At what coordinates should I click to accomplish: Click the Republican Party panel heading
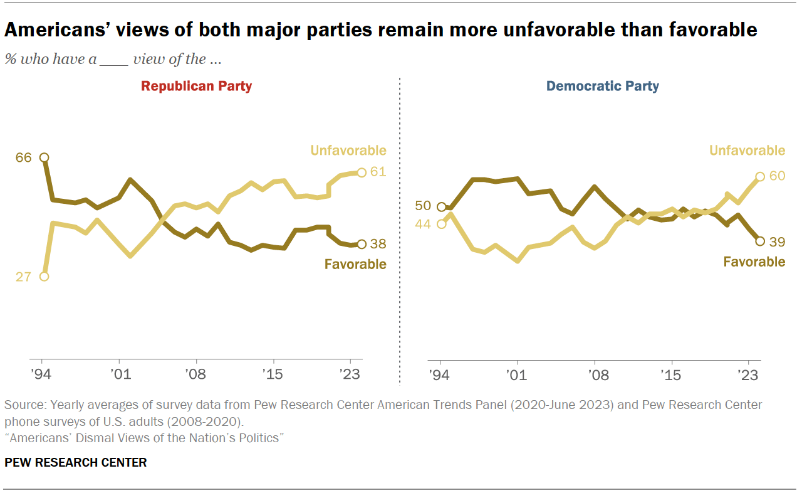[x=196, y=86]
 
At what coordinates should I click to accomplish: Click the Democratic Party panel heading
[x=602, y=86]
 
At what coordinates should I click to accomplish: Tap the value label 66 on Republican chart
[x=24, y=157]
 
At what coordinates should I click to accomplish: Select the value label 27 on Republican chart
[x=23, y=277]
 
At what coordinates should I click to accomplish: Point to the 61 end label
[x=378, y=172]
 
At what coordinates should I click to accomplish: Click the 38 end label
[x=378, y=244]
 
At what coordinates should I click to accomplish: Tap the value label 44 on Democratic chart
[x=423, y=224]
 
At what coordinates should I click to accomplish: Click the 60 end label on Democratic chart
[x=777, y=176]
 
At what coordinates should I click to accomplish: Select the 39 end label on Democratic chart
[x=777, y=241]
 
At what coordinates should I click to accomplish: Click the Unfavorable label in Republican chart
[x=349, y=151]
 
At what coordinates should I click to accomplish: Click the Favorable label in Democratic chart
[x=754, y=262]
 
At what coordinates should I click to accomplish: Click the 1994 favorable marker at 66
[x=44, y=157]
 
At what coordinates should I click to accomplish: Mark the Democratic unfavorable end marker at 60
[x=759, y=177]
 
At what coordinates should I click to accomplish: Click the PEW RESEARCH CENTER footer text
[x=76, y=463]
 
